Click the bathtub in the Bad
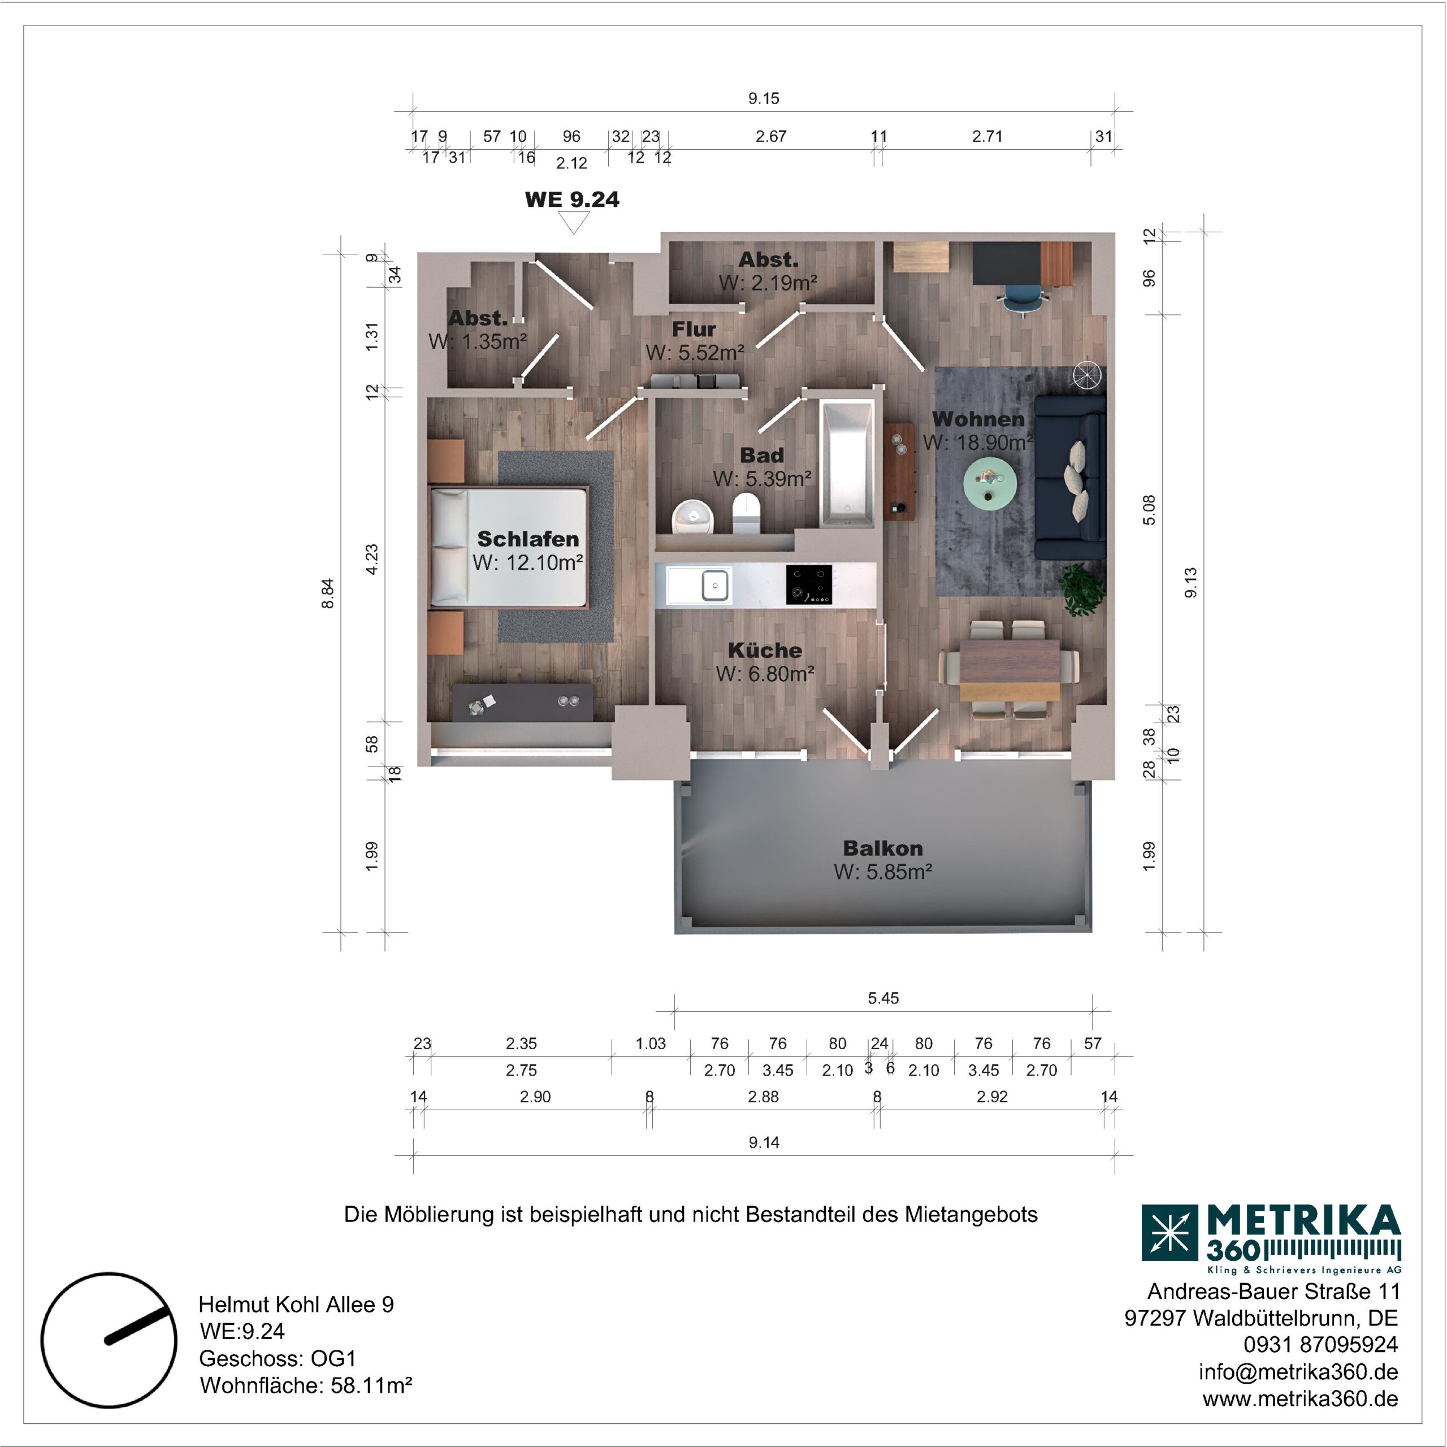click(x=847, y=463)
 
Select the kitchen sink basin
click(x=715, y=585)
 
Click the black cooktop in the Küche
click(x=809, y=584)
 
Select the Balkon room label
click(x=882, y=848)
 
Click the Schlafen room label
click(x=528, y=539)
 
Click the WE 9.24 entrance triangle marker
click(x=574, y=223)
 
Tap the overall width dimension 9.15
click(x=764, y=98)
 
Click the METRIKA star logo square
click(x=1170, y=1233)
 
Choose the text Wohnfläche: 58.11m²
click(x=306, y=1385)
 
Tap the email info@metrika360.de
click(x=1298, y=1371)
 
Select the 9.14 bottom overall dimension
click(x=764, y=1142)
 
